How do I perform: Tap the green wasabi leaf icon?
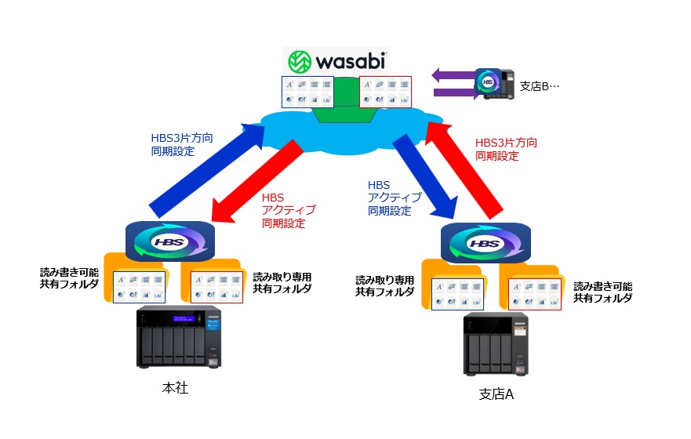[300, 62]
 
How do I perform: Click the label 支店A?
[496, 394]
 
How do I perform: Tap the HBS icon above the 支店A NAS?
[484, 243]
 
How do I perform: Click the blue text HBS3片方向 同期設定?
[181, 143]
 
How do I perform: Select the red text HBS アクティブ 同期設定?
[287, 209]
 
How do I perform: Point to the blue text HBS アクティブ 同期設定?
[394, 198]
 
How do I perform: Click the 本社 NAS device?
[179, 337]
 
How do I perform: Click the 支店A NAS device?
[493, 346]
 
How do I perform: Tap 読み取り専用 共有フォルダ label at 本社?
[282, 283]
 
